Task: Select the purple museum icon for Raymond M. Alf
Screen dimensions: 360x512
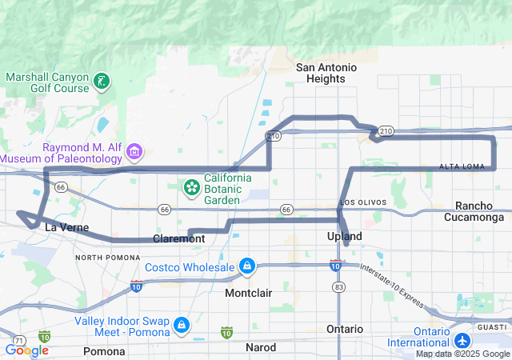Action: [134, 152]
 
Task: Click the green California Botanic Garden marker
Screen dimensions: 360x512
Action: [192, 188]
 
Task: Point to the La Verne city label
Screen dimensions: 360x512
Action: [61, 227]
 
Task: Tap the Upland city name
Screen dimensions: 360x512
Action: [345, 237]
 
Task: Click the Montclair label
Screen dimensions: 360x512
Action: [248, 293]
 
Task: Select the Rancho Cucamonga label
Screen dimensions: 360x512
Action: [479, 211]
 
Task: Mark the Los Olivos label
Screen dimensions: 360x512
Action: [362, 202]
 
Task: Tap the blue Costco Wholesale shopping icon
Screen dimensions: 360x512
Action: [247, 266]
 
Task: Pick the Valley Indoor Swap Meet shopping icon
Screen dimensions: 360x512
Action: [182, 325]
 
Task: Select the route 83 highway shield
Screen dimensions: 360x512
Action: [339, 286]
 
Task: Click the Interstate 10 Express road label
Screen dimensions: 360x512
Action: [390, 284]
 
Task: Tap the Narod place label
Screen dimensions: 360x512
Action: [261, 347]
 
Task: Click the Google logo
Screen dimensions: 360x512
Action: [26, 350]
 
